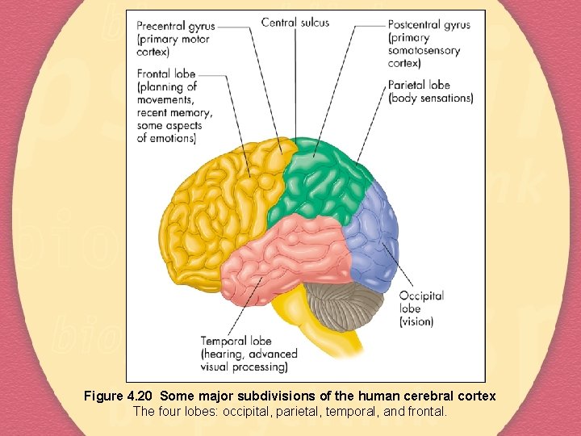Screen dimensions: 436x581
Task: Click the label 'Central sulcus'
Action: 295,23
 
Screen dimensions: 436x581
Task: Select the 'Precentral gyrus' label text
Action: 176,25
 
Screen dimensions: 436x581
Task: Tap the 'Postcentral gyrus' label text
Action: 428,25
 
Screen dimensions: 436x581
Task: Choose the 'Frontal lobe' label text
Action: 165,73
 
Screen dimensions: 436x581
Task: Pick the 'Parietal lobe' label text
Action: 419,85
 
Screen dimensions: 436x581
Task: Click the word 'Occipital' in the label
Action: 421,296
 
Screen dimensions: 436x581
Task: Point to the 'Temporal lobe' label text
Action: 237,341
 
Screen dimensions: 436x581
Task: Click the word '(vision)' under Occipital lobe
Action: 416,321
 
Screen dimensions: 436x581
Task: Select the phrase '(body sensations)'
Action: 430,99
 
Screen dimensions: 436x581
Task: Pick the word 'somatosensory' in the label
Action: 424,51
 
